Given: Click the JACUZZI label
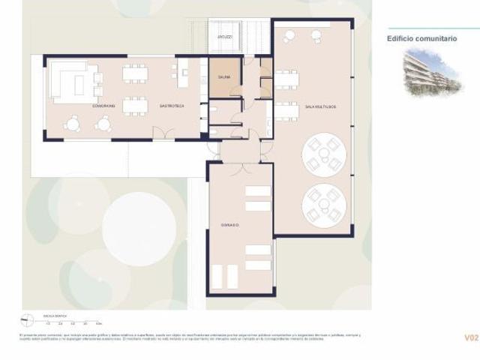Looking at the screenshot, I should (x=224, y=36).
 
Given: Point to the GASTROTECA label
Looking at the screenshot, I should (x=172, y=107).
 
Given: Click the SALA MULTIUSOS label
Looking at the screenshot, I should (x=320, y=107).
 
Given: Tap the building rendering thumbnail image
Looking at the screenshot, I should (x=430, y=72).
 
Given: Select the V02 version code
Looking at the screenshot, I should (x=470, y=338).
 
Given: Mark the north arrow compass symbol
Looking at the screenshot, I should (x=28, y=318).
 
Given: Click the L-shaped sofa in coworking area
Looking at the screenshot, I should (x=73, y=81).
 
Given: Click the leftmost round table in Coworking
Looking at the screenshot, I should (x=73, y=123).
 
